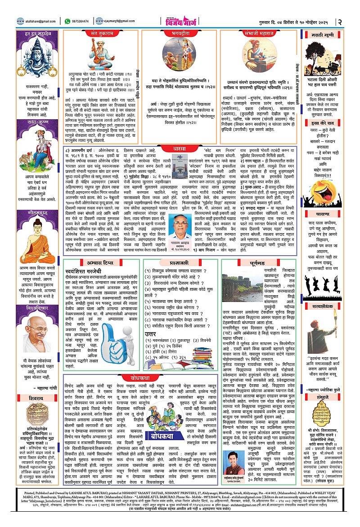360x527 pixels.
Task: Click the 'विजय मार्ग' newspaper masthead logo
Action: (180, 21)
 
